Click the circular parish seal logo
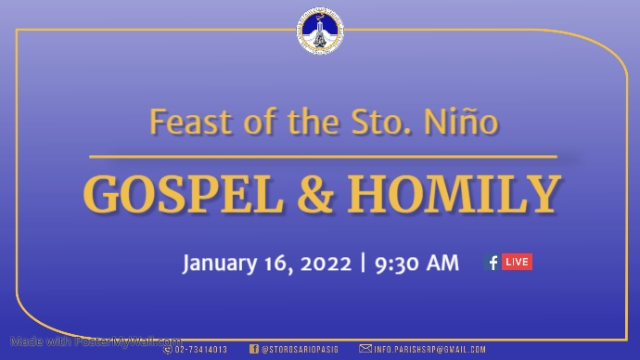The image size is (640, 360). [320, 31]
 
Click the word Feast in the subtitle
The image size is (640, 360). [182, 122]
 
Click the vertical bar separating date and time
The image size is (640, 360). [363, 264]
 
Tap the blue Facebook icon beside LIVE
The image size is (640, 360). [493, 263]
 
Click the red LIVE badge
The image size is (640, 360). [518, 263]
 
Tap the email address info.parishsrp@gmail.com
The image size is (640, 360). [429, 350]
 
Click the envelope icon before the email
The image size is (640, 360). [365, 350]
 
